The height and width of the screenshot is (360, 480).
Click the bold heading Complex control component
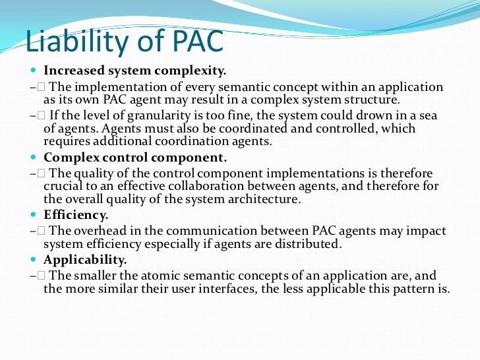(135, 158)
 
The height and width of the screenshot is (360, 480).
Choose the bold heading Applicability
(84, 259)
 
